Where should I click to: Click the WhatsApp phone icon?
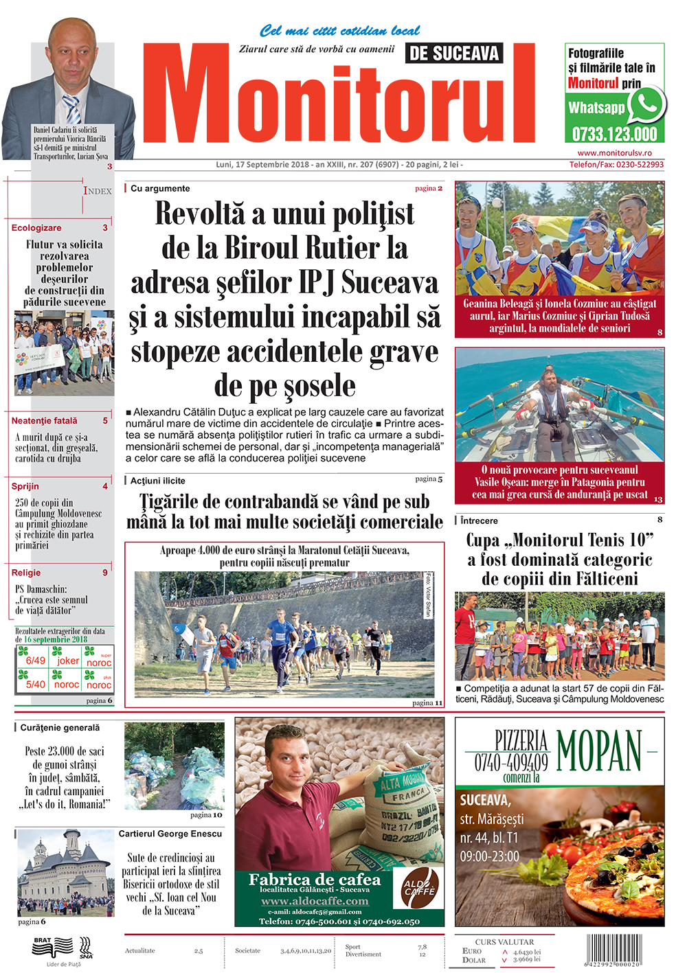click(647, 105)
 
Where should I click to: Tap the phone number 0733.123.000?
click(615, 133)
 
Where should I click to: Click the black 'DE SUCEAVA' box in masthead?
click(454, 53)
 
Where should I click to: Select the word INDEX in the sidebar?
click(98, 191)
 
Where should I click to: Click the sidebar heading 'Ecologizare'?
click(36, 228)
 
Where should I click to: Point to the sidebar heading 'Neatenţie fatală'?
click(44, 421)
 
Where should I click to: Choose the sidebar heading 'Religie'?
click(26, 573)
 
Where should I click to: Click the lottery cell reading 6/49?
click(36, 661)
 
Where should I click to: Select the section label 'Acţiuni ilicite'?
click(158, 481)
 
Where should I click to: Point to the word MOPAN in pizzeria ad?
click(599, 751)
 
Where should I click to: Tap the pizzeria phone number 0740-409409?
click(511, 762)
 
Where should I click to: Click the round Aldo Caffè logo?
click(420, 888)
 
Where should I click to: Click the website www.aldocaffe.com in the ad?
click(315, 901)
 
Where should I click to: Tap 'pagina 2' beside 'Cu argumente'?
click(429, 188)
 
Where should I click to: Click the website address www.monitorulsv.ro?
click(614, 153)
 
